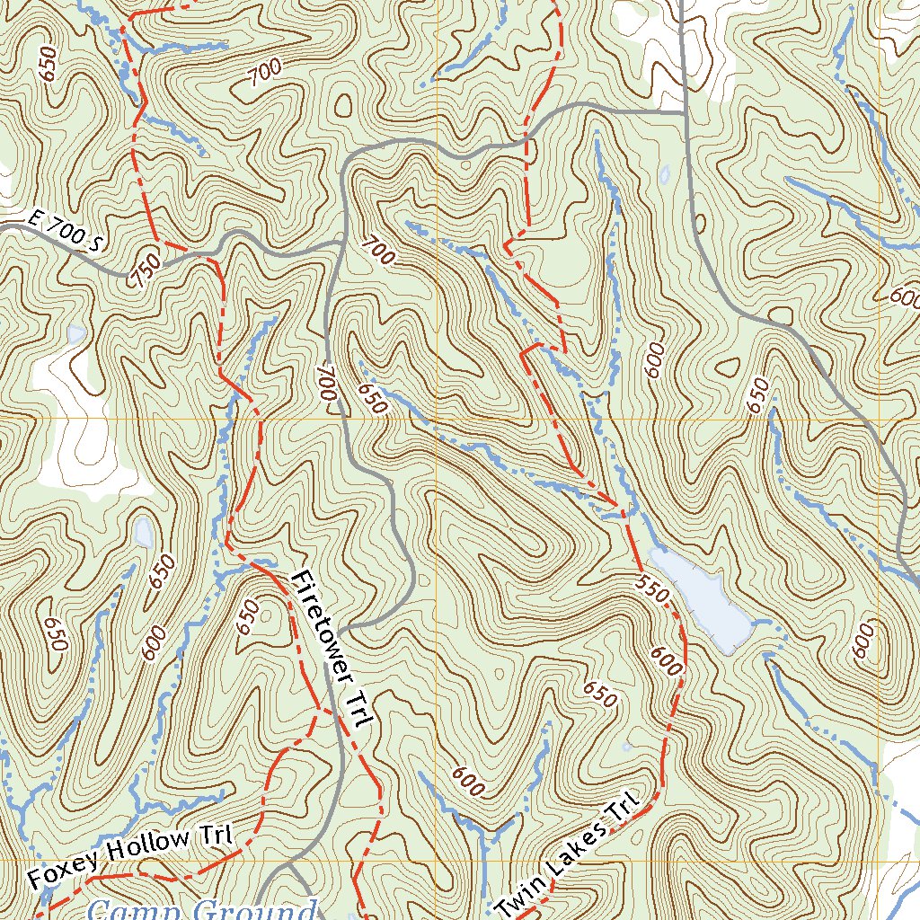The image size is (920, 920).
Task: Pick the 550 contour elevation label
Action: pos(653,588)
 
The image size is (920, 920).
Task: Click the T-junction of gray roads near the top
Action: pos(683,112)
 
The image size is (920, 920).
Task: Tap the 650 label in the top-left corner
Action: pos(49,64)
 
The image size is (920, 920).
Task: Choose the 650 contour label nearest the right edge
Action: pos(759,396)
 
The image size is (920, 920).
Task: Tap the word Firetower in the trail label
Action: pos(318,620)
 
